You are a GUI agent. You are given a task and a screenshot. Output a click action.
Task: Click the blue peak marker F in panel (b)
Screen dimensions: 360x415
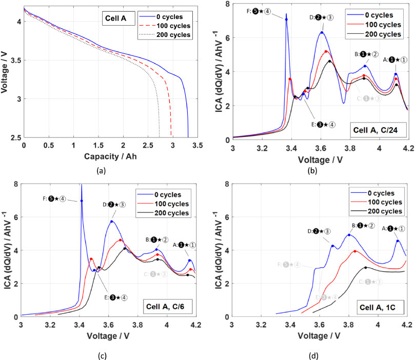286,19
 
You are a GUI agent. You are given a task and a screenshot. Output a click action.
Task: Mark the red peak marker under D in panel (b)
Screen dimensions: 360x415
326,51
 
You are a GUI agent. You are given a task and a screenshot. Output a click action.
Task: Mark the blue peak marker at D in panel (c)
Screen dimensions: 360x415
111,222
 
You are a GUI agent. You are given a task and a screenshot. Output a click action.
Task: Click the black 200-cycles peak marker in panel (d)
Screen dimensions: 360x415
366,267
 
